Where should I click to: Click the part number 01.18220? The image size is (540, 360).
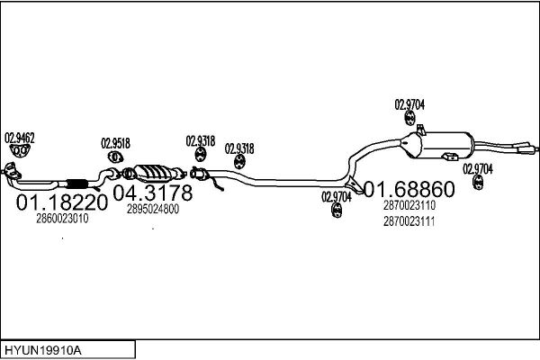coord(62,202)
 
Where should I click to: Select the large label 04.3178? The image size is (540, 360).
coord(153,193)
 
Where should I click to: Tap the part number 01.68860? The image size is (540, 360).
coord(409,189)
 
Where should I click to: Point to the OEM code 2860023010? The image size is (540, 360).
coord(62,219)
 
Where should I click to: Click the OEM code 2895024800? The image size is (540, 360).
coord(153,209)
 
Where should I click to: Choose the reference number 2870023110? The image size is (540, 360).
coord(409,205)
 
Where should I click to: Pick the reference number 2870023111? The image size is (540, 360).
coord(409,221)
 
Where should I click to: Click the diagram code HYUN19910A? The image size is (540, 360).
coord(43,351)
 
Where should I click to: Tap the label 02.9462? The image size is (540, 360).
coord(20,138)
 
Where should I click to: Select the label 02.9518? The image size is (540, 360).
coord(115,143)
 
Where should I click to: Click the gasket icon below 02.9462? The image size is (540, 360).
coord(20,150)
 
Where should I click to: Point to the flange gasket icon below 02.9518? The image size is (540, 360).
coord(115,157)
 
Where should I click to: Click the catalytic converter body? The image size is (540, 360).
coord(153,173)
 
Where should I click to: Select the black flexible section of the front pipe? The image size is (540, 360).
coord(76,184)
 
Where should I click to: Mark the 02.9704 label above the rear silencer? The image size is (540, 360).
coord(409,104)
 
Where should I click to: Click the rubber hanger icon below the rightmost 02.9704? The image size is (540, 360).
coord(478,182)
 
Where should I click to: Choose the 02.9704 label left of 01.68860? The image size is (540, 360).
coord(336,197)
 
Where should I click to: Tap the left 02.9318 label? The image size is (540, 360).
coord(201,141)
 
